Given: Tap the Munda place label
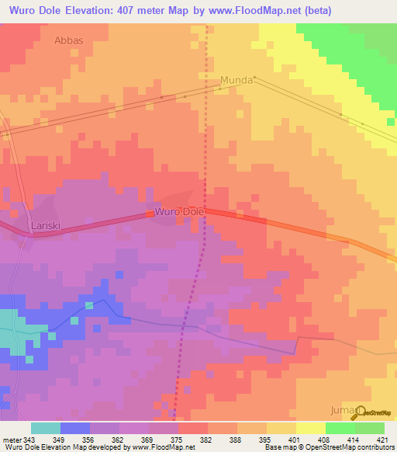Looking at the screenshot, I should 237,80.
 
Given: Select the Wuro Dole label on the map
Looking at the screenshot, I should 179,211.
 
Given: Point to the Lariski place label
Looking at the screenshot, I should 45,226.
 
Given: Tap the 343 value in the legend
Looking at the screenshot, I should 30,440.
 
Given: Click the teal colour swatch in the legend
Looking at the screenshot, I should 46,428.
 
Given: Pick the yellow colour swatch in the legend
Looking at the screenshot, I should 310,428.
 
